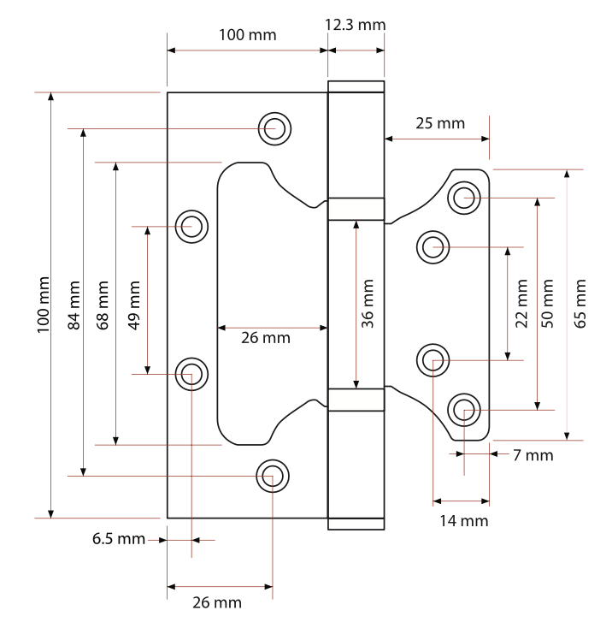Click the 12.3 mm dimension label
pyautogui.click(x=355, y=25)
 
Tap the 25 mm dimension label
pyautogui.click(x=440, y=123)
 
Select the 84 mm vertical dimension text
pyautogui.click(x=74, y=305)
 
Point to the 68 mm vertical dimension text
pyautogui.click(x=103, y=305)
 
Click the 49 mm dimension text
pyautogui.click(x=133, y=305)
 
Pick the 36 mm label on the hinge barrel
pyautogui.click(x=368, y=304)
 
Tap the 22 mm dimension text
pyautogui.click(x=521, y=304)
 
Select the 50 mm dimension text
pyautogui.click(x=548, y=304)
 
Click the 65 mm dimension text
pyautogui.click(x=580, y=304)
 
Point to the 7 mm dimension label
pyautogui.click(x=533, y=455)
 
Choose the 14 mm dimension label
pyautogui.click(x=464, y=521)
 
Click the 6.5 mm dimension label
pyautogui.click(x=119, y=539)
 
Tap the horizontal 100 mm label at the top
pyautogui.click(x=248, y=35)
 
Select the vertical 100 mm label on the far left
pyautogui.click(x=44, y=305)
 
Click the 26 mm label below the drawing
pyautogui.click(x=217, y=602)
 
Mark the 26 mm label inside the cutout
pyautogui.click(x=266, y=338)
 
